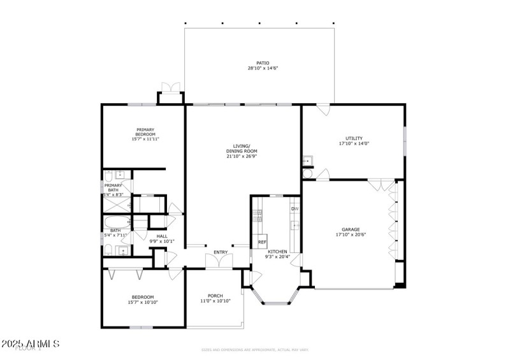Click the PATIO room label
263,63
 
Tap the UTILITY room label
354,138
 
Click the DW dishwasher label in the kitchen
295,208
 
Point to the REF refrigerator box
261,243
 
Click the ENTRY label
221,252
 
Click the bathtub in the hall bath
117,222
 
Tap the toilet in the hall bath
109,248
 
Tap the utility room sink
307,161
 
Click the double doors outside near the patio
170,89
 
